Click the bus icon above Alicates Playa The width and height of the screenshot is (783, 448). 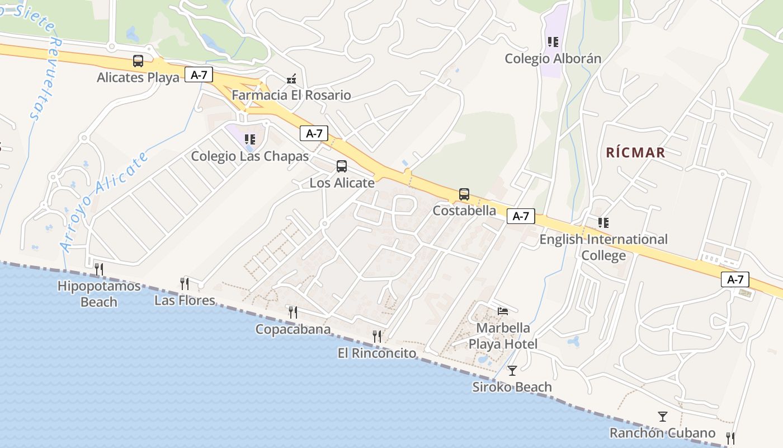click(138, 61)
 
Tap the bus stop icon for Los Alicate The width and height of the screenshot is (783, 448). click(342, 166)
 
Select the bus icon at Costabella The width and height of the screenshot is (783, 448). click(464, 194)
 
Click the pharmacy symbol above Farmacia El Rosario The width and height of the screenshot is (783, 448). click(291, 79)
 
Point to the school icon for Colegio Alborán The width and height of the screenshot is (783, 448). click(553, 42)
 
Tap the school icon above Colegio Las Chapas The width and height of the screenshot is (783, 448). click(250, 139)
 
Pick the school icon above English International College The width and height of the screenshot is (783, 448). click(603, 223)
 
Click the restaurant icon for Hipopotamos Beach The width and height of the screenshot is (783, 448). click(99, 269)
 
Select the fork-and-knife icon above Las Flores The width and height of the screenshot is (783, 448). click(185, 284)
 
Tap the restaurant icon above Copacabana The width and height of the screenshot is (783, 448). click(293, 312)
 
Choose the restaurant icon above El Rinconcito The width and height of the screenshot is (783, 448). click(377, 337)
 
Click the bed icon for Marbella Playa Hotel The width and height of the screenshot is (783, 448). click(503, 311)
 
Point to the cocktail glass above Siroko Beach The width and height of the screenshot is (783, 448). click(512, 371)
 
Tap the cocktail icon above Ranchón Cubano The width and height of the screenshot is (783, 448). click(663, 417)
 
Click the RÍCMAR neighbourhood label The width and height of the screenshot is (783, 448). click(635, 152)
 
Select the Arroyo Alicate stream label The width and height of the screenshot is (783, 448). click(105, 201)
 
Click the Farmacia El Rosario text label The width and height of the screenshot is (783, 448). click(291, 95)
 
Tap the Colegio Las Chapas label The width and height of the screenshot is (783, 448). click(250, 156)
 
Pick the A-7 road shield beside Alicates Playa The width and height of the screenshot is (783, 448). click(199, 75)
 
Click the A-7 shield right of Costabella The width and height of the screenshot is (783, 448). click(521, 216)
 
